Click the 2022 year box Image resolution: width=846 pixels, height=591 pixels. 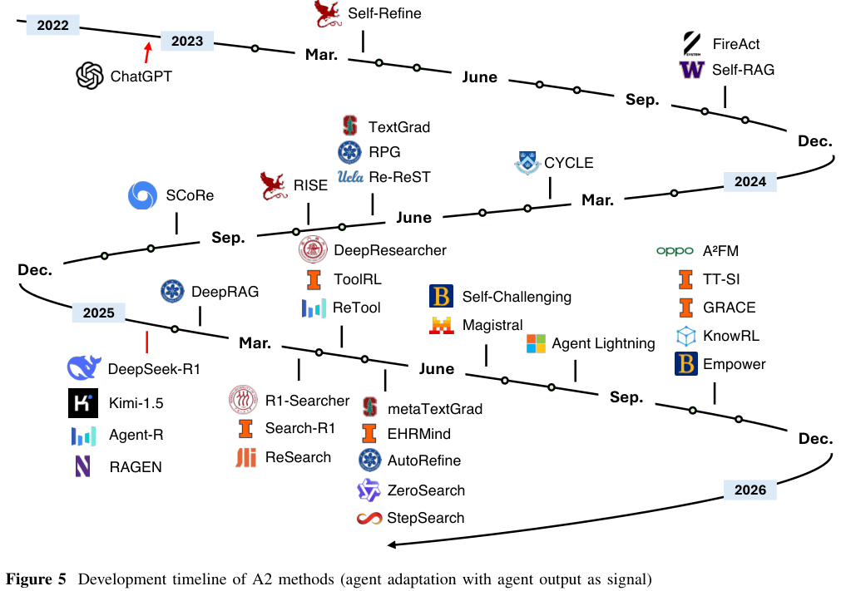pos(53,26)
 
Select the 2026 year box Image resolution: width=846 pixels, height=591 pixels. pos(750,490)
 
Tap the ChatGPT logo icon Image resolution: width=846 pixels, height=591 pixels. pos(89,76)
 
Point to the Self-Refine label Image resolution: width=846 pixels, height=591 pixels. pos(384,13)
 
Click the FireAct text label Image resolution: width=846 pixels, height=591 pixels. pos(735,43)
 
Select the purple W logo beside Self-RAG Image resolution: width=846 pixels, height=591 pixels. pos(691,70)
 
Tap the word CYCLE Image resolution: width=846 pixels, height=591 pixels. pos(568,163)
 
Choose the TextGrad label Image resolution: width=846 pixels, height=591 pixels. pos(399,127)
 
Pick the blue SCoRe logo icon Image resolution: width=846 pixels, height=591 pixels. pos(142,196)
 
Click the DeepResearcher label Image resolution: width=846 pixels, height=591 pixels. pos(390,250)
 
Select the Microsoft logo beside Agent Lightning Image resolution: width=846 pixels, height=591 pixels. pos(537,343)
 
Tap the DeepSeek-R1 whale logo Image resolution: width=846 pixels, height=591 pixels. pos(83,367)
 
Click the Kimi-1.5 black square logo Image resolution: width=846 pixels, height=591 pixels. pos(83,403)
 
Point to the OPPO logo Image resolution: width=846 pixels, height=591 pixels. pos(674,251)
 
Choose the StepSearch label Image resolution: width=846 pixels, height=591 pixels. pos(425,518)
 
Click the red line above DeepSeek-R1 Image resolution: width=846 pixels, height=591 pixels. pos(147,342)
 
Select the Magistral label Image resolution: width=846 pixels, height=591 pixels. pos(492,325)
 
